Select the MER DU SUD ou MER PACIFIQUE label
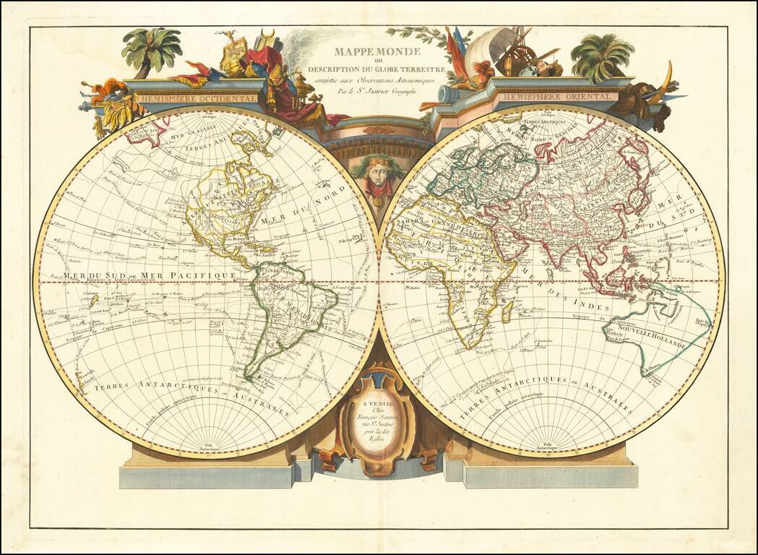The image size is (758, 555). point(150,276)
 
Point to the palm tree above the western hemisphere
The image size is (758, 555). point(152,47)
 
